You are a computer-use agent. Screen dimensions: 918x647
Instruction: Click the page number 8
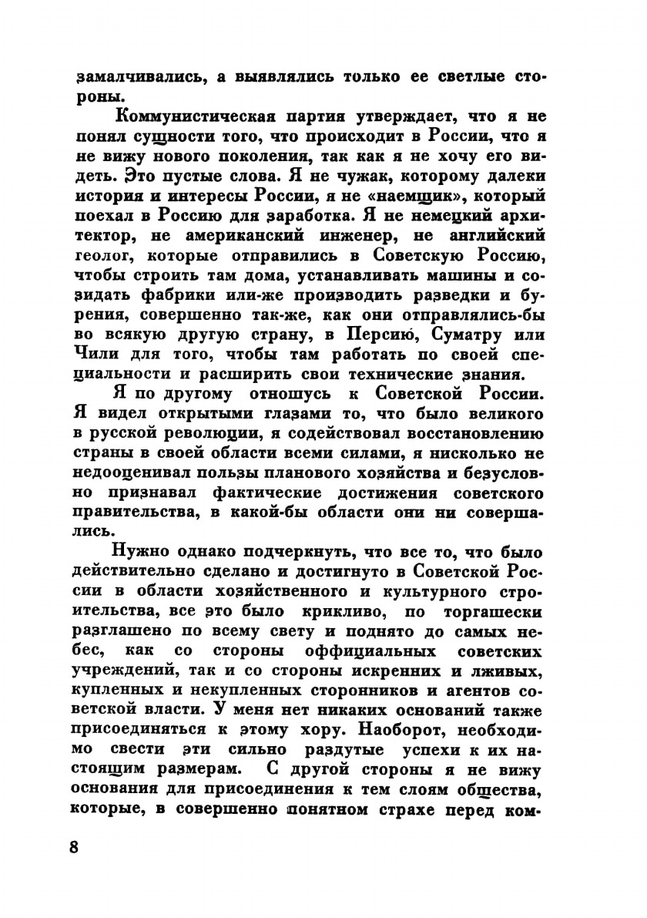[74, 846]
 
